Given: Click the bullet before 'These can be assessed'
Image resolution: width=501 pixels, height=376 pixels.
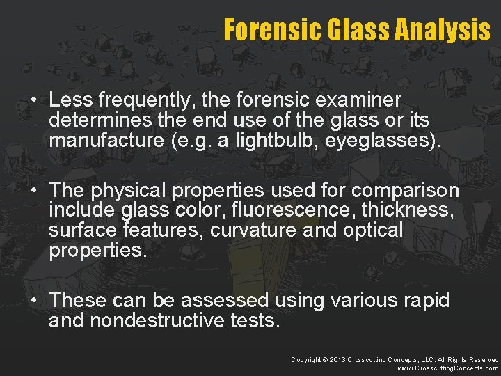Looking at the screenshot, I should pos(33,301).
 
